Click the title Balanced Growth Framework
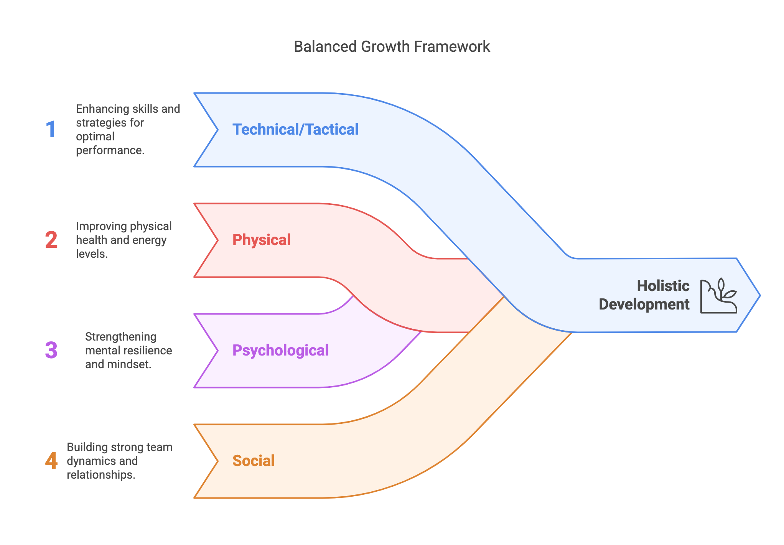[392, 47]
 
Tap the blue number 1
[51, 130]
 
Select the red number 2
[51, 240]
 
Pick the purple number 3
[51, 351]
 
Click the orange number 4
[51, 461]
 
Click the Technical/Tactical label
[295, 130]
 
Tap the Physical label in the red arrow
[261, 240]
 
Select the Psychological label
[280, 351]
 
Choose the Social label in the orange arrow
[254, 461]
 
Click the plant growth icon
[718, 296]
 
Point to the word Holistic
[663, 286]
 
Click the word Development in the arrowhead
[644, 305]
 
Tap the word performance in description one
[110, 150]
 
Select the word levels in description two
[91, 254]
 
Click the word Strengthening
[120, 337]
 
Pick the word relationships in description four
[101, 475]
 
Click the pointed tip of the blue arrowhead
[759, 295]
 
